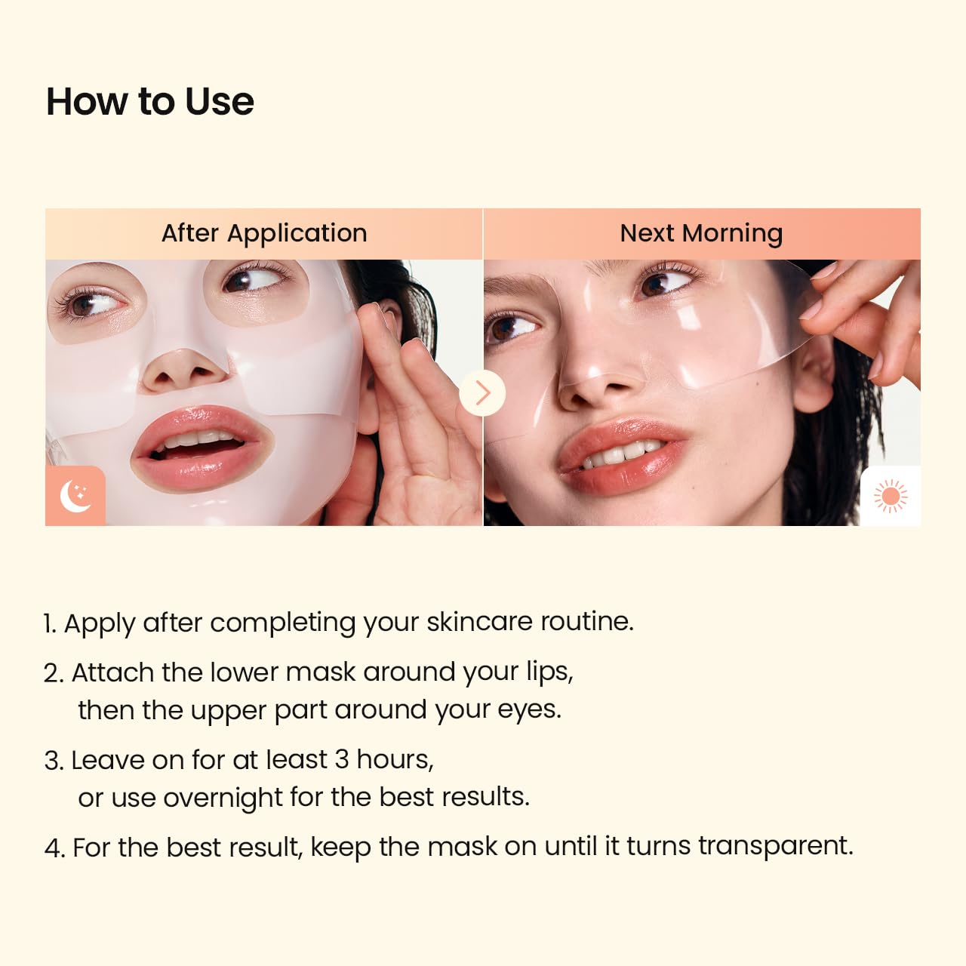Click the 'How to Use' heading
150,102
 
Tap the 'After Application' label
264,233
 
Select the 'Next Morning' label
701,233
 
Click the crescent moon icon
75,496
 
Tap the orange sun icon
891,496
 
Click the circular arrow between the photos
482,392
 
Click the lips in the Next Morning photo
623,453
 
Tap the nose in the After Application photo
186,370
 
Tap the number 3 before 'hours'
341,759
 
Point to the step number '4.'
54,848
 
